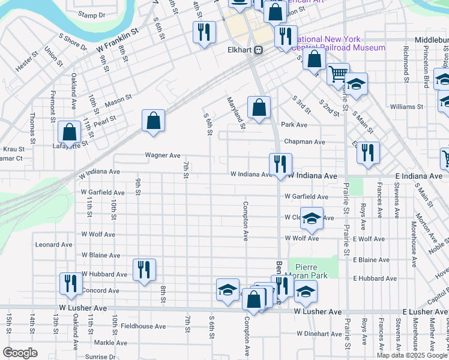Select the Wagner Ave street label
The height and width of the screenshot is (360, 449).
[163, 155]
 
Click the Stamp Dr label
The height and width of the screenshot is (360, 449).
[91, 15]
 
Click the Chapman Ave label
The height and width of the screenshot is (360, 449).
[304, 142]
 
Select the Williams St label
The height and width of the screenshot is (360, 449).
[406, 107]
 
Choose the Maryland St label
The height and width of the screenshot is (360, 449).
[236, 113]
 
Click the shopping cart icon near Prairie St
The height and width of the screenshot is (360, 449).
[338, 74]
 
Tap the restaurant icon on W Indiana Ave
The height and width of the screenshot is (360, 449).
[280, 163]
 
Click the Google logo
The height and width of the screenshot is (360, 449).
[20, 353]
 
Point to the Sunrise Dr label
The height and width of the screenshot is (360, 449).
[100, 356]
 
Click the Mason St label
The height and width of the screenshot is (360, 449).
[118, 101]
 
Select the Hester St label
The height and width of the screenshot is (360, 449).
[26, 64]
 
